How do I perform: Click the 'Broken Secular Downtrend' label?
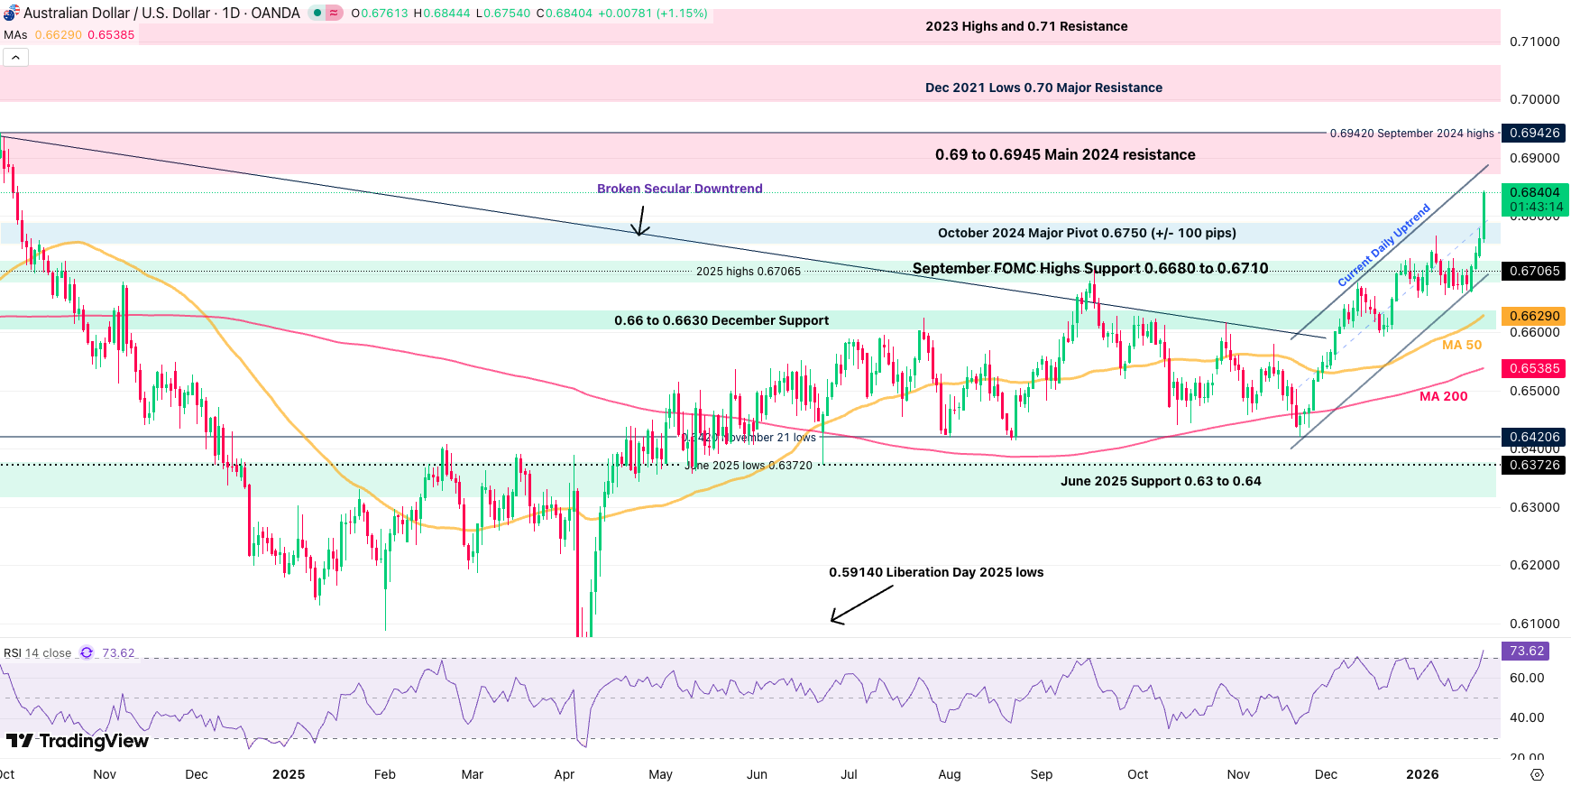(x=679, y=189)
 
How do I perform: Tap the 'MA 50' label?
(x=1462, y=345)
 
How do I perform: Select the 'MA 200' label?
(x=1443, y=396)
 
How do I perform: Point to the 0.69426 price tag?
(x=1534, y=133)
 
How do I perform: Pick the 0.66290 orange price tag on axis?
(x=1534, y=316)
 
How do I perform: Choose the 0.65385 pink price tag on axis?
(x=1534, y=368)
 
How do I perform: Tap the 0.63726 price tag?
(x=1534, y=465)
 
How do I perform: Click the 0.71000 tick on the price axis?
(x=1534, y=42)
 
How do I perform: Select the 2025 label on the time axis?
(x=289, y=774)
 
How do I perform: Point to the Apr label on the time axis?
(x=565, y=774)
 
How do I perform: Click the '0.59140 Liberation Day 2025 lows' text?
(x=936, y=572)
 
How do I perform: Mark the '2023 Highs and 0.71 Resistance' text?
(x=1026, y=26)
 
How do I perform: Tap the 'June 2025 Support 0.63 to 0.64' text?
(x=1161, y=481)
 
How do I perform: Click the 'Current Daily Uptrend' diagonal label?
(x=1383, y=245)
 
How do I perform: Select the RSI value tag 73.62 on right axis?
(x=1526, y=651)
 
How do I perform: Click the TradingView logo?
(x=78, y=741)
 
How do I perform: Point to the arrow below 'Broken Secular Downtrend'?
(x=640, y=221)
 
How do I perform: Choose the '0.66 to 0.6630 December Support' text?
(x=721, y=320)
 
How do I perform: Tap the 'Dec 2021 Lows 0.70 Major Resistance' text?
(x=1043, y=88)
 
